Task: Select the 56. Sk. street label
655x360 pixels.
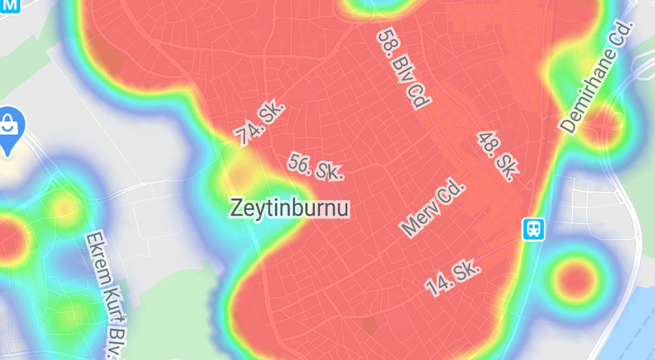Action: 316,168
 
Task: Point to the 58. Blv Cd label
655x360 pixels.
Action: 403,68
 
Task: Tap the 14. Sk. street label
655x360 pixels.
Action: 453,277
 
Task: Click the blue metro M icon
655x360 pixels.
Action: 10,5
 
